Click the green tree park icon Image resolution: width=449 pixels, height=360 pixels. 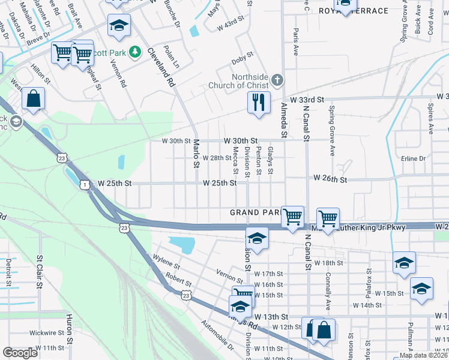[136, 53]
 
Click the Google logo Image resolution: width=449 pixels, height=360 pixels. [20, 353]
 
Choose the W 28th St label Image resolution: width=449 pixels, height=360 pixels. [217, 158]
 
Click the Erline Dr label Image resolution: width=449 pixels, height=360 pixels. [413, 158]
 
